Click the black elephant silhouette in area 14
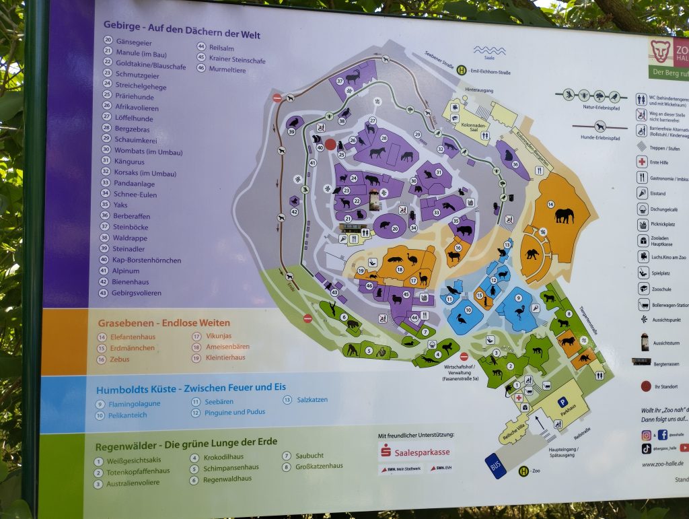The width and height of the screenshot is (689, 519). click(x=564, y=215)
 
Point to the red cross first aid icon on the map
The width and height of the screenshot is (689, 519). click(x=519, y=398)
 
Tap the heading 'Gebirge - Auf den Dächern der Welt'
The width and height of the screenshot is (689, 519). click(x=182, y=30)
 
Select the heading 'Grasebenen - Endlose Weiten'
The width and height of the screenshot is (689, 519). click(x=164, y=322)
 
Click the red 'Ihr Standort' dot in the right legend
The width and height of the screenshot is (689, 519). click(x=646, y=386)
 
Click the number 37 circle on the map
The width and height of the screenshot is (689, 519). click(x=340, y=81)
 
